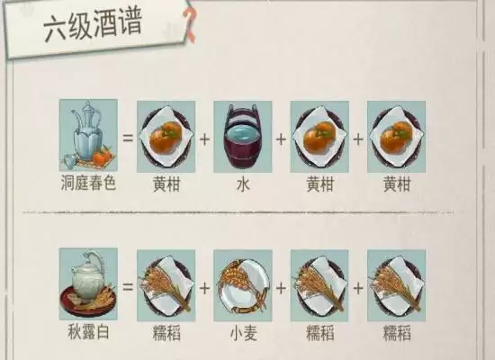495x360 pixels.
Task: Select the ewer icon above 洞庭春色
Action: click(x=88, y=136)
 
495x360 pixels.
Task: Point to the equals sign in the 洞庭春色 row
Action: click(x=127, y=139)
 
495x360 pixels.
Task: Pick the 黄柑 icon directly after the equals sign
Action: click(x=166, y=136)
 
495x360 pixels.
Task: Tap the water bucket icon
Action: click(x=243, y=136)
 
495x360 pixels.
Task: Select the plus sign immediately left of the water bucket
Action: click(x=205, y=139)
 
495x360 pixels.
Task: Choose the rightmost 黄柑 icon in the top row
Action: click(x=396, y=136)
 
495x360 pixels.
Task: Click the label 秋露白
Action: click(x=88, y=332)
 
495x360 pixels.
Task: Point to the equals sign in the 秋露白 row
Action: click(x=127, y=287)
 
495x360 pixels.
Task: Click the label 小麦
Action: click(x=243, y=332)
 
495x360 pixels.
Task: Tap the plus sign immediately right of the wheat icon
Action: click(x=282, y=287)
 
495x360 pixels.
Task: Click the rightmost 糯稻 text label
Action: click(x=396, y=332)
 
